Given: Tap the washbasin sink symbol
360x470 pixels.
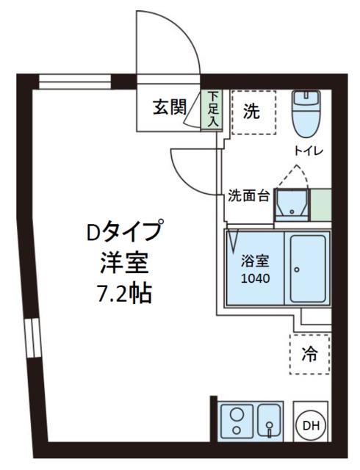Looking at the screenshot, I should [x=292, y=205].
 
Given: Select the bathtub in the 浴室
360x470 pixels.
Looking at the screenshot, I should [x=307, y=267].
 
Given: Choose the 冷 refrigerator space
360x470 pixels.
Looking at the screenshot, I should [x=311, y=353].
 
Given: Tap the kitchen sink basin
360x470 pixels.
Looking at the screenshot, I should [x=270, y=421].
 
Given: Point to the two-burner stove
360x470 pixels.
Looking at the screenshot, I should [x=237, y=421].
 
